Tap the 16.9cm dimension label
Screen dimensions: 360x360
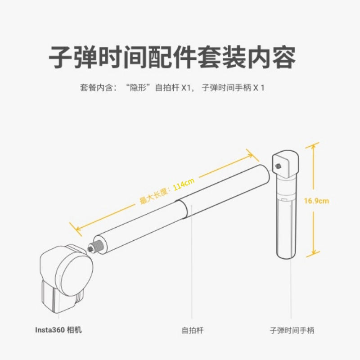pyautogui.click(x=316, y=201)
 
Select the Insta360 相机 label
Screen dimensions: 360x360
pyautogui.click(x=58, y=330)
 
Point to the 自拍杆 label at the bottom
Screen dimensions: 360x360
pyautogui.click(x=193, y=330)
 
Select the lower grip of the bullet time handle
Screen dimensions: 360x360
pyautogui.click(x=286, y=229)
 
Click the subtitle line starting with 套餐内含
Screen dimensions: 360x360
pyautogui.click(x=172, y=88)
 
